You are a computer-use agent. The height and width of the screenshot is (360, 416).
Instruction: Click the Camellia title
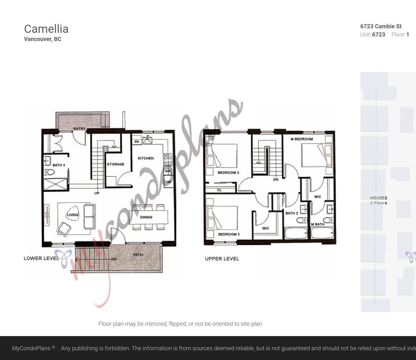[46, 29]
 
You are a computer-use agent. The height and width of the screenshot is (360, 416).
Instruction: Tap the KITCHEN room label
[145, 158]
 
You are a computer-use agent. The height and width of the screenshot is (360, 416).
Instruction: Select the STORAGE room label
[115, 164]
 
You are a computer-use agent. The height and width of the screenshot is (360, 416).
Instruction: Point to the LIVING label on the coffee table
[73, 215]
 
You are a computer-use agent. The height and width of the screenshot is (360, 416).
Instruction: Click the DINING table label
[146, 217]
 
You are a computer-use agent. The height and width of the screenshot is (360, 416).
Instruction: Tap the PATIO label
[138, 255]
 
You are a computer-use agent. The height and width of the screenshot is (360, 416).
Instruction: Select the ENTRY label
[79, 129]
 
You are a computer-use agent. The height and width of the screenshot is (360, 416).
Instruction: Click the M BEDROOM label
[301, 139]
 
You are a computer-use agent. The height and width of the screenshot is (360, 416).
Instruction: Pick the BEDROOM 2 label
[228, 173]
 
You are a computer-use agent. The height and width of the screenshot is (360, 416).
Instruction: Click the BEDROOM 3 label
[228, 235]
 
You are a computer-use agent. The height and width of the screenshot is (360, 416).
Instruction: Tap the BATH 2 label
[292, 213]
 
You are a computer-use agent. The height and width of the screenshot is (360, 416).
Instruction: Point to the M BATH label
[318, 224]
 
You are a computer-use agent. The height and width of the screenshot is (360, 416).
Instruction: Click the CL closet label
[219, 190]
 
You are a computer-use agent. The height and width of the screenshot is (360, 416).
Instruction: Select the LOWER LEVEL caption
[41, 259]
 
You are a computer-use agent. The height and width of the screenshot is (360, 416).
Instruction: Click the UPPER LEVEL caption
[222, 259]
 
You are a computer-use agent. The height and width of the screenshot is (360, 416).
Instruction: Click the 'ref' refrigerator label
[169, 182]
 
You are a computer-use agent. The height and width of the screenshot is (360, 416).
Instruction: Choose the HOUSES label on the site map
[379, 198]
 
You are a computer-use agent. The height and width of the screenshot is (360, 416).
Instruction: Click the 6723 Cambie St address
[381, 26]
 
